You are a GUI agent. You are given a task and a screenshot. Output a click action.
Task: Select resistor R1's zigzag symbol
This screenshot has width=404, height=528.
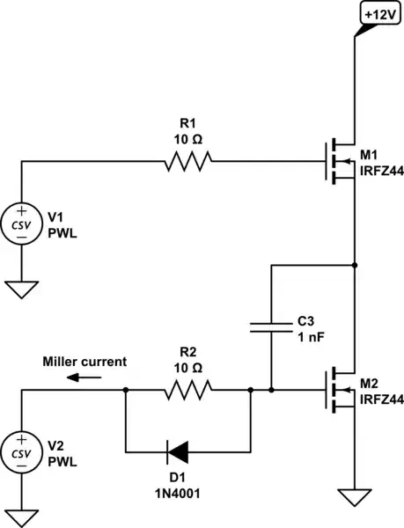[x=187, y=161]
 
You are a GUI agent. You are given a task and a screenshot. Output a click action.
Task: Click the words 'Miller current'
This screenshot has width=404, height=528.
[x=85, y=361]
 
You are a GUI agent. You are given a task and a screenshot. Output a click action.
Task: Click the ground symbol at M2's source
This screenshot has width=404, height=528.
[x=354, y=499]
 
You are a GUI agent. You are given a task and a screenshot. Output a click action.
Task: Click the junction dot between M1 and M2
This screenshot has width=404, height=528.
[x=354, y=263]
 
